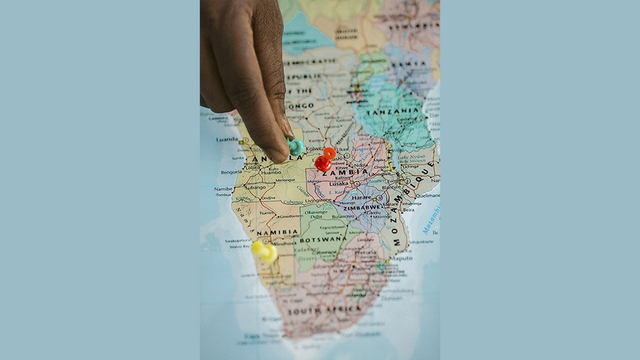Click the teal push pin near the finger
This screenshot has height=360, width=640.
pos(295,147)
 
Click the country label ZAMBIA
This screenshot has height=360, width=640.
pos(345,172)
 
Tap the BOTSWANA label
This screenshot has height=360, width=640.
pos(323,239)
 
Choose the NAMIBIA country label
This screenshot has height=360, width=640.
pos(277,232)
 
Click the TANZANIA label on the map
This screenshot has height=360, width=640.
pos(393,111)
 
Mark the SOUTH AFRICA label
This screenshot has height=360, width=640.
pos(324,309)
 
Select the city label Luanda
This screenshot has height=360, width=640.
pos(227,139)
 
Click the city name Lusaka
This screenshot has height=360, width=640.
pos(339,183)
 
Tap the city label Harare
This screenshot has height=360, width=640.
pos(362,197)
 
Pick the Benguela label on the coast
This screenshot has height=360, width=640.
pos(231,172)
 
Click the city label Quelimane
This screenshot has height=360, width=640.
pos(427,195)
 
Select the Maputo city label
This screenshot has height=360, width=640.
pos(401,257)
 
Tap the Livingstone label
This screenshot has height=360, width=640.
pos(318,200)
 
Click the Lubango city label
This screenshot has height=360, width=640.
pos(255,187)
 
